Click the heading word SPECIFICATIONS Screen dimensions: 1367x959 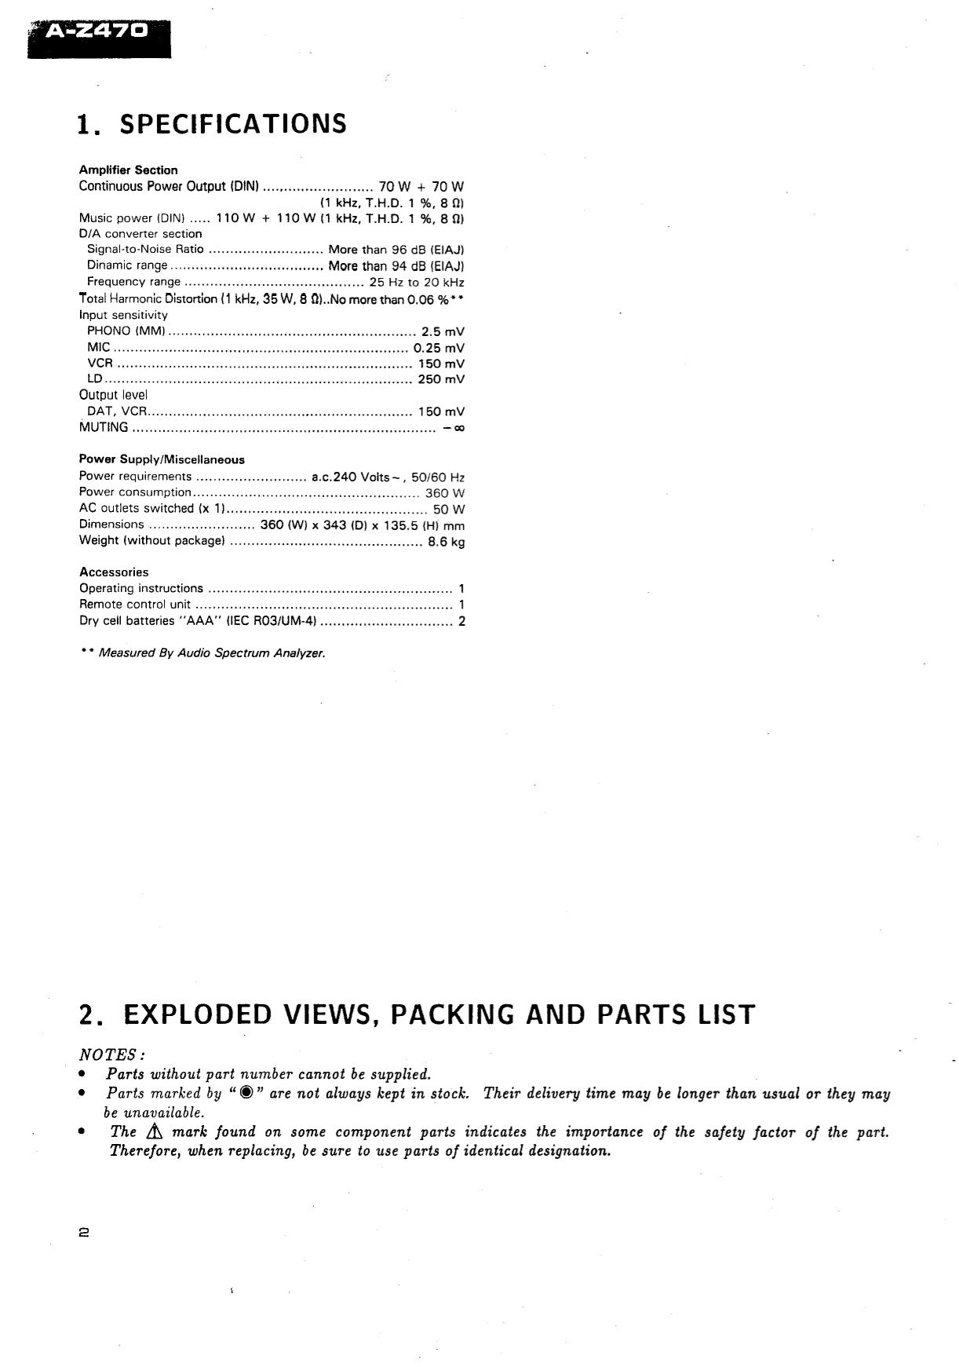tap(234, 124)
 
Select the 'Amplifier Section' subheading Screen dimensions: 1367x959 tap(128, 170)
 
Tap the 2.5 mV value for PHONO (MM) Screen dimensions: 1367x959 tap(443, 331)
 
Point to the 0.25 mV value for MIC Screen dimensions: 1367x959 tap(439, 348)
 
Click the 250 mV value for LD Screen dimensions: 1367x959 tap(441, 379)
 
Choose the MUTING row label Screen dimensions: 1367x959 tap(104, 427)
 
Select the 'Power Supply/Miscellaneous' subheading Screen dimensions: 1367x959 tap(162, 459)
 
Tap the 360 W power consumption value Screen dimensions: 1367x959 tap(445, 493)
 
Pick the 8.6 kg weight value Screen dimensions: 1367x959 tap(446, 542)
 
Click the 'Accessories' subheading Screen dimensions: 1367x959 tap(114, 572)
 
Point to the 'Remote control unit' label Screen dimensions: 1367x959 tap(135, 605)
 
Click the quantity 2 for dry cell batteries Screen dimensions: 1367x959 tap(461, 621)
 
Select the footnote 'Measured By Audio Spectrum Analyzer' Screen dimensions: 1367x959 tap(211, 653)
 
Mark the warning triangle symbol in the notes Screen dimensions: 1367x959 tap(152, 1132)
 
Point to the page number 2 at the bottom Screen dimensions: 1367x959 tap(84, 1233)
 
